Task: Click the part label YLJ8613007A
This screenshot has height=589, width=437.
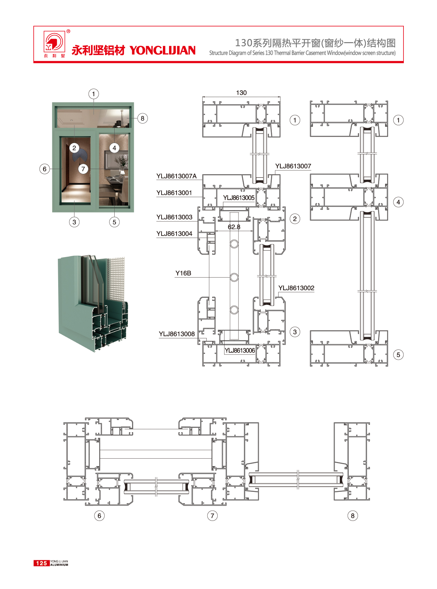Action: pyautogui.click(x=176, y=176)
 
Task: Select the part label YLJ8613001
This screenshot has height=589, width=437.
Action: pyautogui.click(x=174, y=193)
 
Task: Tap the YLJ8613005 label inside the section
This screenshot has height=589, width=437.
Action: pyautogui.click(x=239, y=198)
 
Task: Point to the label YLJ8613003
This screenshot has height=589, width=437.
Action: pyautogui.click(x=174, y=217)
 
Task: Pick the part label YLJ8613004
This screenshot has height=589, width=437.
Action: pyautogui.click(x=174, y=234)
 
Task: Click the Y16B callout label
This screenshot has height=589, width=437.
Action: pyautogui.click(x=183, y=273)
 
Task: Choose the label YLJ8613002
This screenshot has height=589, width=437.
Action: pyautogui.click(x=296, y=288)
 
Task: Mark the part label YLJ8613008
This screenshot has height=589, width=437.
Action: pyautogui.click(x=177, y=334)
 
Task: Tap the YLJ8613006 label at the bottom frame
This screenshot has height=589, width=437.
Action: pyautogui.click(x=240, y=350)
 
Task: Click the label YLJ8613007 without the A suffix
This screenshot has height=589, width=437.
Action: pyautogui.click(x=293, y=166)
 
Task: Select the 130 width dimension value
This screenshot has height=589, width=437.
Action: pyautogui.click(x=241, y=93)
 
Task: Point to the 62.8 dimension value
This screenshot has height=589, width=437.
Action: pyautogui.click(x=234, y=227)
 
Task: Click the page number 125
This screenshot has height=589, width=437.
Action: pyautogui.click(x=41, y=563)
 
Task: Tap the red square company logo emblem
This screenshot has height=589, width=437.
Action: pyautogui.click(x=54, y=41)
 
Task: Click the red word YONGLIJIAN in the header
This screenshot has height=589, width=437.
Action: pyautogui.click(x=163, y=51)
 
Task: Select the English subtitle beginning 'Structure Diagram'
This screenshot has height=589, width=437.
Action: pyautogui.click(x=302, y=53)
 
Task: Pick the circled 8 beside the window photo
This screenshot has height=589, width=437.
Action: pyautogui.click(x=142, y=118)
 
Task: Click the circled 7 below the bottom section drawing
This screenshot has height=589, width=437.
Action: pyautogui.click(x=212, y=516)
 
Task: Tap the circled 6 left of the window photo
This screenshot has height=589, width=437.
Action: pyautogui.click(x=44, y=169)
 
